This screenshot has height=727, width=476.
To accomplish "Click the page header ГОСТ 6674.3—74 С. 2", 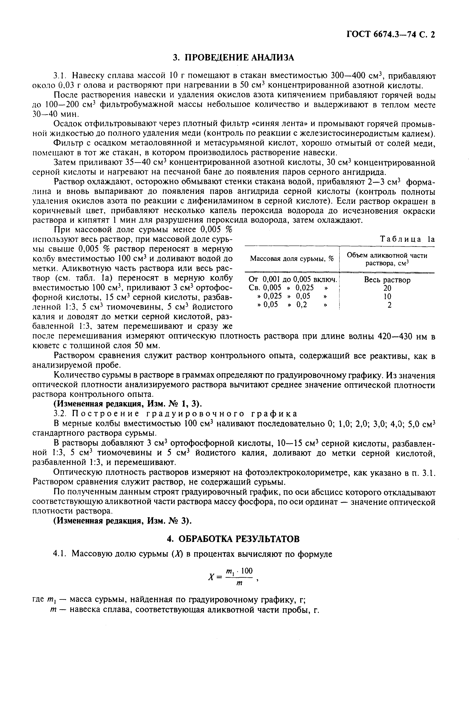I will pos(390,35).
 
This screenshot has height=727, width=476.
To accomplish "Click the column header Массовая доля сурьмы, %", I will pos(292,259).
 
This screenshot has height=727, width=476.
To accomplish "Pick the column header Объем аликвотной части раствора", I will pos(387,259).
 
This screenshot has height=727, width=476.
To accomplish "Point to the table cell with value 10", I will pos(387,296).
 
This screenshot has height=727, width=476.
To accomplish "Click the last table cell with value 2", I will pos(389,305).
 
